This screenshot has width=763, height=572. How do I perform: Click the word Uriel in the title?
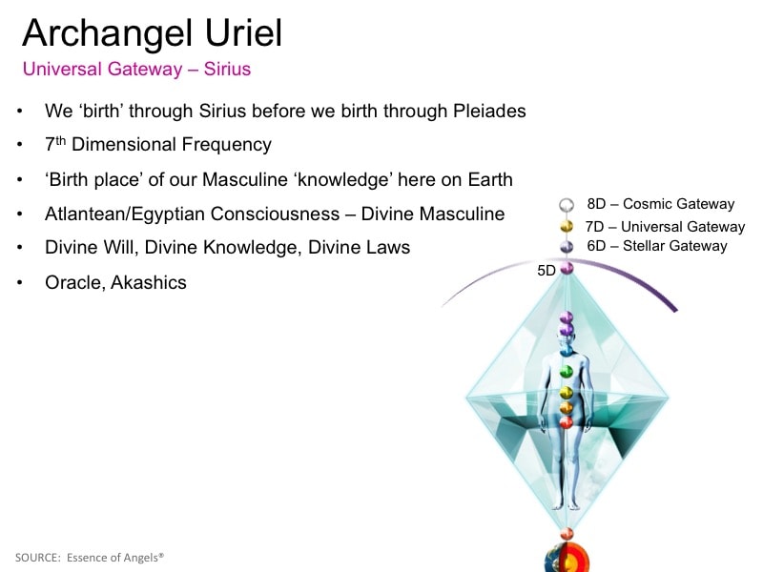click(x=243, y=33)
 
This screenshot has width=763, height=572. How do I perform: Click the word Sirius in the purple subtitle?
click(x=227, y=69)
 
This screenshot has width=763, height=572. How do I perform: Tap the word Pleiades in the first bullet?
click(x=489, y=111)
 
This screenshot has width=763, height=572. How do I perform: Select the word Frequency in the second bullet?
click(x=226, y=145)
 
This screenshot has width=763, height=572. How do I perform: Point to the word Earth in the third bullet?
click(x=490, y=179)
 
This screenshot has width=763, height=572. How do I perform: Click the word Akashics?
click(x=149, y=282)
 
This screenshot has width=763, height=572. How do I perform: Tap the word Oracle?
click(x=75, y=283)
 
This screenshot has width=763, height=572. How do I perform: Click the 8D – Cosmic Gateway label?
click(x=660, y=204)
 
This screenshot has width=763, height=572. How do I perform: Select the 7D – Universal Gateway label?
click(x=665, y=227)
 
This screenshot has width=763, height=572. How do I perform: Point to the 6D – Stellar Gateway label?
click(x=657, y=246)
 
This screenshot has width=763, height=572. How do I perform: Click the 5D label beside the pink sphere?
click(x=546, y=271)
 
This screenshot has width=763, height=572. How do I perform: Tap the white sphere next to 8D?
click(x=567, y=205)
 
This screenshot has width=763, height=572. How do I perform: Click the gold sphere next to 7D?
click(x=567, y=226)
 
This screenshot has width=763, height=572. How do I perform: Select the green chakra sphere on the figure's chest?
click(x=566, y=372)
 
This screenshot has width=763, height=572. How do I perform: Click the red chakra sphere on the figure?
click(x=566, y=422)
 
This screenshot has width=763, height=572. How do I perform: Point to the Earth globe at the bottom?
click(x=567, y=559)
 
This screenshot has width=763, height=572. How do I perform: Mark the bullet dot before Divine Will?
click(x=19, y=248)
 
